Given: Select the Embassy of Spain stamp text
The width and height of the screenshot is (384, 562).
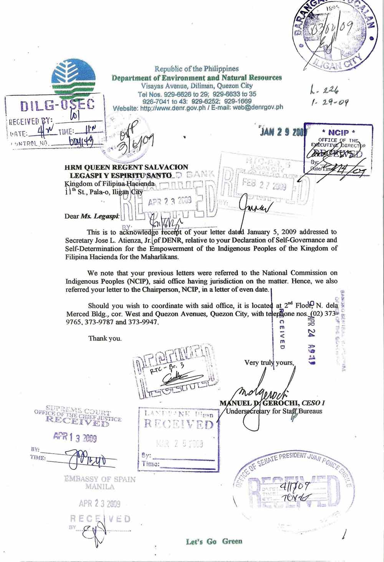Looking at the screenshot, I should tap(99, 483).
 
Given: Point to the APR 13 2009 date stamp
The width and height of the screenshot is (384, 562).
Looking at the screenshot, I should tap(75, 438).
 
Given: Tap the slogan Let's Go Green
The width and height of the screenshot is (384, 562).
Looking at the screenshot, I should tap(214, 541).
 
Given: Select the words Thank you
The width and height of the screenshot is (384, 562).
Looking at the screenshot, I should tap(105, 338).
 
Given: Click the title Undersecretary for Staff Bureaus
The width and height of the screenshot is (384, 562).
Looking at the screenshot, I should tap(274, 411).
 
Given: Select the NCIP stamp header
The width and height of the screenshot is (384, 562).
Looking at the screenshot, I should tap(338, 133).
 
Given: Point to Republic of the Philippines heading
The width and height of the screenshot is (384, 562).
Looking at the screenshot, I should tap(196, 69).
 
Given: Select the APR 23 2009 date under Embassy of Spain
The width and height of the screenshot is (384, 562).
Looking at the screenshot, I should tap(99, 504).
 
